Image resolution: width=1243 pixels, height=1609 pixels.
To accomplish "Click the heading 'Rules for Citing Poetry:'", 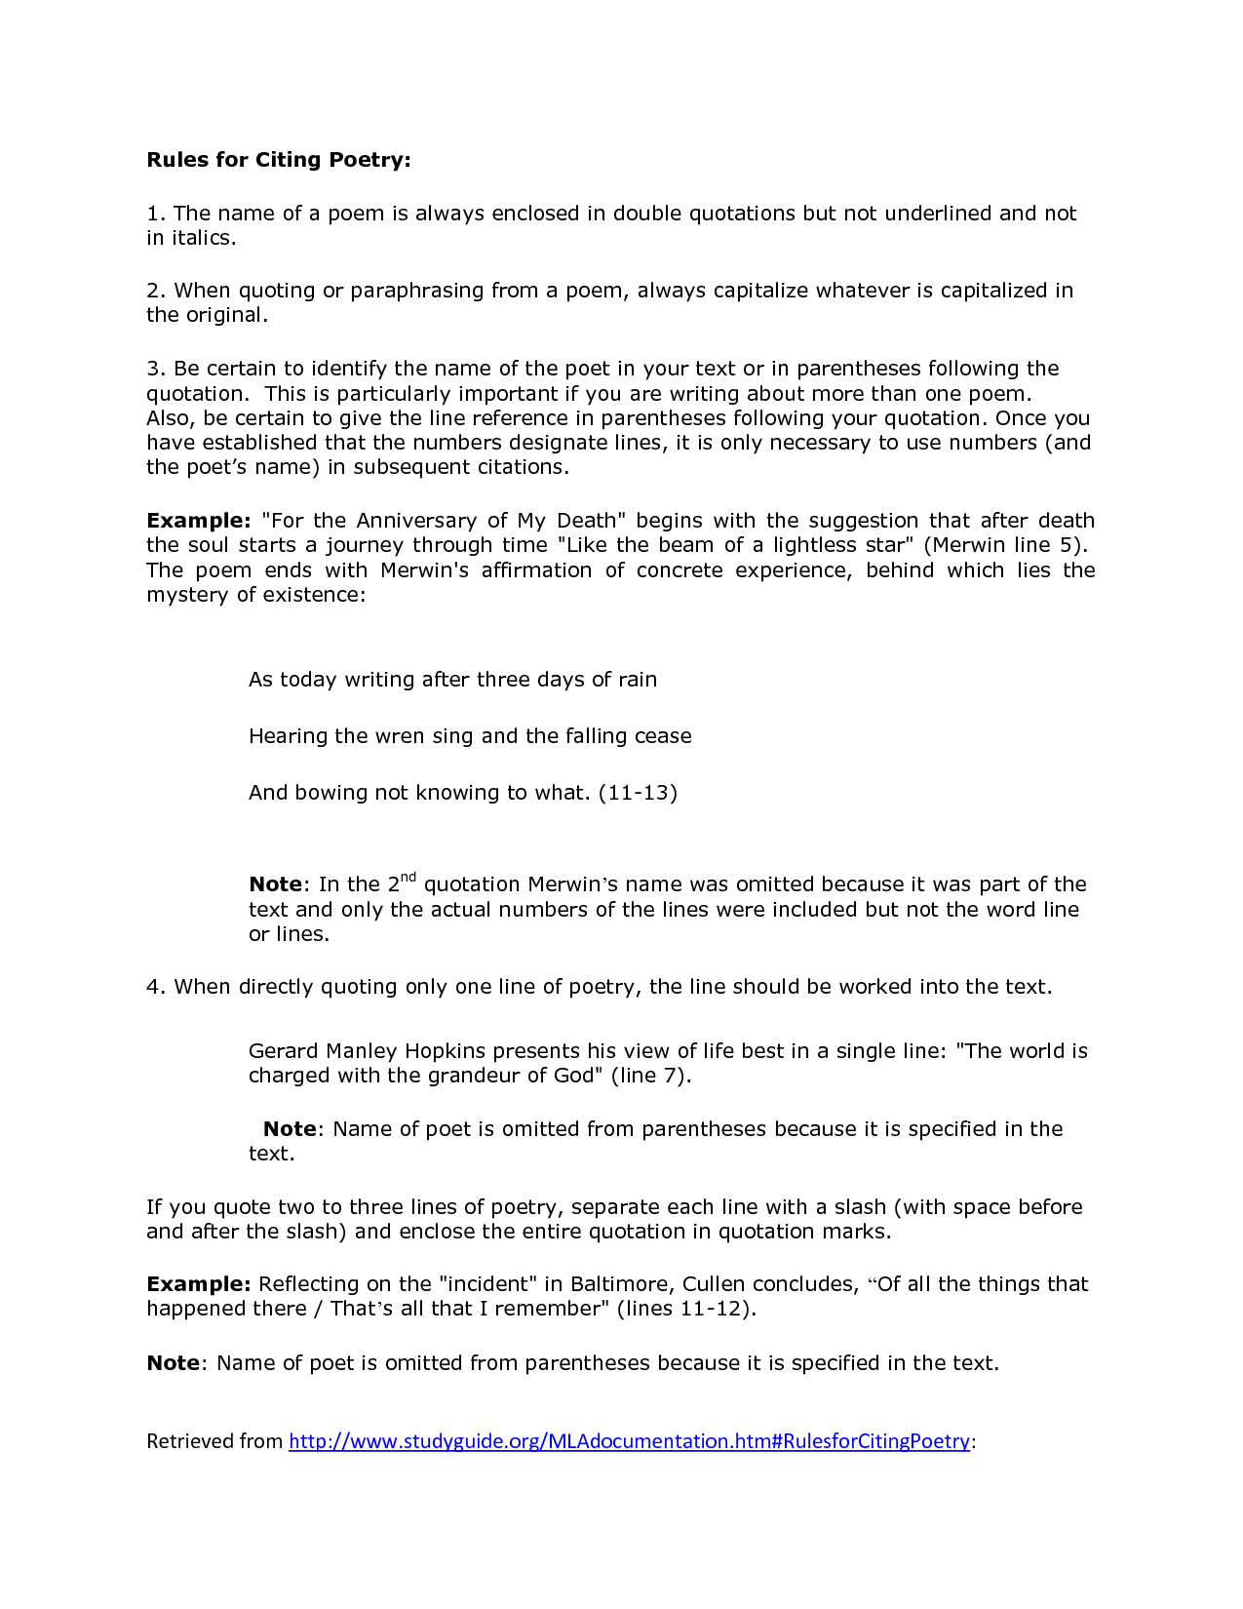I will pyautogui.click(x=279, y=160).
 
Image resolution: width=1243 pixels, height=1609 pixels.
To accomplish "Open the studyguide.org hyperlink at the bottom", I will pyautogui.click(x=629, y=1441).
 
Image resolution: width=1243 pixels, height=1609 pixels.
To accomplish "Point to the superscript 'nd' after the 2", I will pyautogui.click(x=408, y=878).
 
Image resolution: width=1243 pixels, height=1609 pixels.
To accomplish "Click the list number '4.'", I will pyautogui.click(x=157, y=987).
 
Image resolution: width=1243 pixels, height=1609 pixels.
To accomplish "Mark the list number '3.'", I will pyautogui.click(x=157, y=369).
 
